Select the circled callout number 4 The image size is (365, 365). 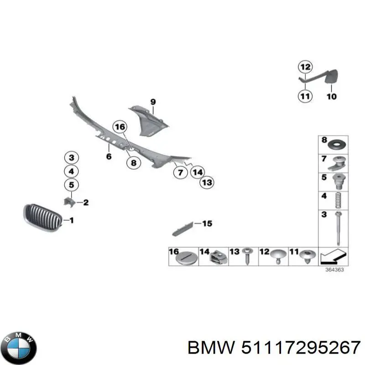pos(71,172)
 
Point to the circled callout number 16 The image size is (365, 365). pos(120,127)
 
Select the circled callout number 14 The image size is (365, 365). pos(197,172)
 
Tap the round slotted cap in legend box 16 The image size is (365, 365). pos(185,258)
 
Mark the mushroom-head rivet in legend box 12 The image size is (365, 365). pos(278,256)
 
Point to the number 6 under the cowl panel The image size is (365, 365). pos(109,156)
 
